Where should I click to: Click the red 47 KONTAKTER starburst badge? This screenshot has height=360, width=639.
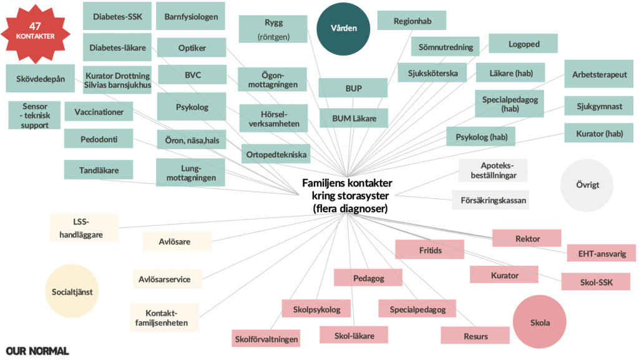tap(36, 31)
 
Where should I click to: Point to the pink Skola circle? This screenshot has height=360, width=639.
tap(540, 322)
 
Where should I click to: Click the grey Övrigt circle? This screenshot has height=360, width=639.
tap(587, 185)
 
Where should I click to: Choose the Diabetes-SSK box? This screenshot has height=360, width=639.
tap(117, 16)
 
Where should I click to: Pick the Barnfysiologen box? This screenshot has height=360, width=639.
tap(190, 16)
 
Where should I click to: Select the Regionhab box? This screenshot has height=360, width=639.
tap(412, 21)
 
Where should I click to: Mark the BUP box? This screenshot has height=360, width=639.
tap(353, 89)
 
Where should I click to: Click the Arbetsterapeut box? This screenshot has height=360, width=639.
tap(599, 74)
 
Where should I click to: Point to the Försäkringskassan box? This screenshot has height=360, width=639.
tap(490, 200)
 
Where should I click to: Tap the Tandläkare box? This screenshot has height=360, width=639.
tap(99, 169)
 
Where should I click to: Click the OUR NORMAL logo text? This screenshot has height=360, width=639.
tap(37, 351)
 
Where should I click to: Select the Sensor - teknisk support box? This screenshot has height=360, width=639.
tap(34, 115)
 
